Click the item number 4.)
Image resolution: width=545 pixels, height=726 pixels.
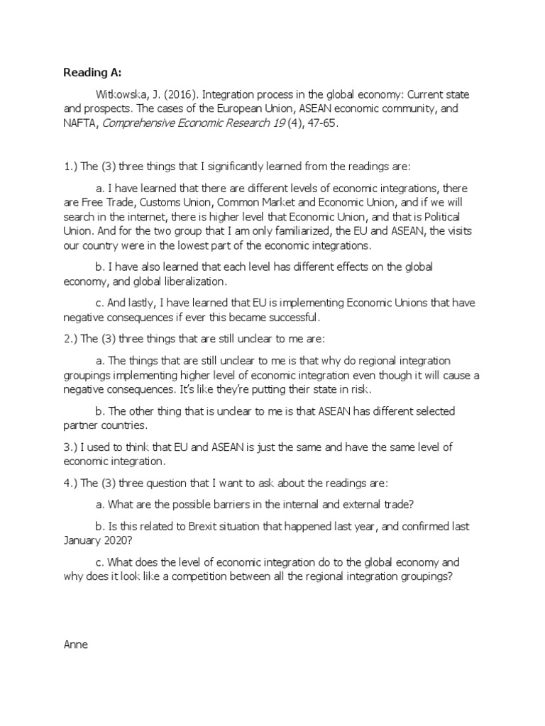pyautogui.click(x=72, y=484)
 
